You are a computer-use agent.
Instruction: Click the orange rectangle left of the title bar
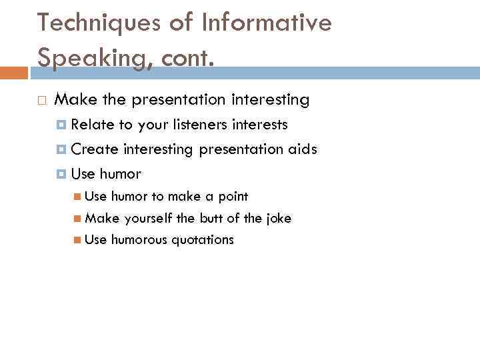click(x=13, y=72)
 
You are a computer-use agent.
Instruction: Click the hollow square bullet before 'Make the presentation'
click(x=41, y=101)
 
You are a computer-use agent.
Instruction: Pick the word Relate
click(x=92, y=125)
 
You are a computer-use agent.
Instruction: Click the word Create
click(x=95, y=149)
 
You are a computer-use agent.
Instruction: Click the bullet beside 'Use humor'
click(x=62, y=175)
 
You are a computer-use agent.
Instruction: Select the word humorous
click(x=139, y=240)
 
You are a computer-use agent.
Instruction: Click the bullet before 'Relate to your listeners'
click(x=62, y=125)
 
